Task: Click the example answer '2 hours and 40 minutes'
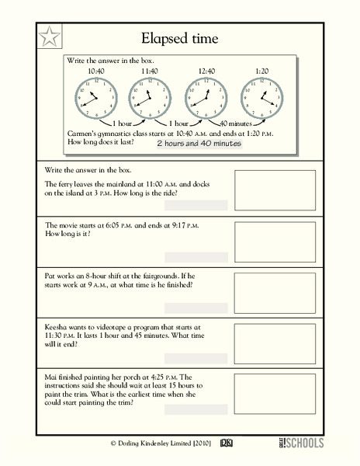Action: coord(199,144)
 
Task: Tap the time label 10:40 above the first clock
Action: coord(96,71)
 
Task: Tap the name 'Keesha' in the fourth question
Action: coord(61,329)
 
